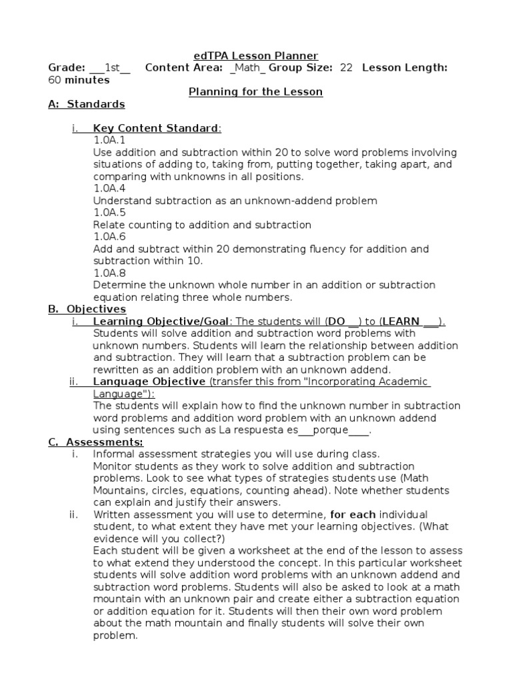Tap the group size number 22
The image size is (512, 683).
tap(346, 67)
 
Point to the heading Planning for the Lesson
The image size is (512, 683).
tap(256, 92)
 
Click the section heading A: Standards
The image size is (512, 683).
tap(87, 104)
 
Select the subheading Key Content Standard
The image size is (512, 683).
tap(155, 128)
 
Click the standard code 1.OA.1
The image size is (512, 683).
tap(109, 140)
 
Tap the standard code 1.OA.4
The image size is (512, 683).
tap(109, 188)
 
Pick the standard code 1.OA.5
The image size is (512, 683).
tap(109, 213)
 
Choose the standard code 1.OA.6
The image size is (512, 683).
tap(109, 237)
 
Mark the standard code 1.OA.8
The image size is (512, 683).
tap(109, 273)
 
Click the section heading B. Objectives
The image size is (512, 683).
tap(87, 309)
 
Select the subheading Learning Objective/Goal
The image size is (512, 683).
tap(161, 321)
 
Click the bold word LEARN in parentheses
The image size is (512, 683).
tap(401, 321)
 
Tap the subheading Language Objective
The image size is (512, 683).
tap(149, 382)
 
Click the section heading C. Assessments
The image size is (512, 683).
tap(95, 442)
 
